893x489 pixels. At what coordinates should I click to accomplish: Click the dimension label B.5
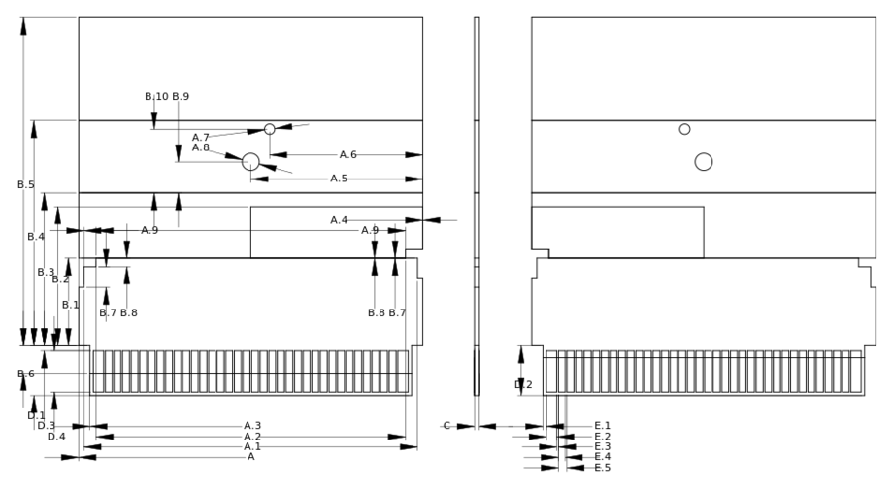point(25,185)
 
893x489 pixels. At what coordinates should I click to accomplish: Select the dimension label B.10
point(156,97)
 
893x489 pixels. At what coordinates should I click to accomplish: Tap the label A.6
point(347,155)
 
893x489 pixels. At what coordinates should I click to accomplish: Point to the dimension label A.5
point(339,179)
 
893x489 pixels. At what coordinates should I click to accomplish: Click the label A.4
point(339,220)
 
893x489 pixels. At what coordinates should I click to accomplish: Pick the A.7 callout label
point(201,138)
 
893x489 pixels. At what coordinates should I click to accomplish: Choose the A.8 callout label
point(201,148)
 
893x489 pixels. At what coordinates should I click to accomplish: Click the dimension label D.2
point(523,385)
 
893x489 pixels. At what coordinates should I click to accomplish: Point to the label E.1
point(602,426)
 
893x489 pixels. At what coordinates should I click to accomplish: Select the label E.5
point(602,468)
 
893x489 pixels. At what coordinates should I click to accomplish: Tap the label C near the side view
point(447,426)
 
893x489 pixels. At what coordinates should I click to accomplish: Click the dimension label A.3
point(252,426)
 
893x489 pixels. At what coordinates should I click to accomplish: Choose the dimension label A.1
point(252,447)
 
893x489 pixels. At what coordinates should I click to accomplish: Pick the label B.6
point(25,374)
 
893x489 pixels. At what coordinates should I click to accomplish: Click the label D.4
point(56,437)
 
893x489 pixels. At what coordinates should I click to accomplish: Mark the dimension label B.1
point(70,305)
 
